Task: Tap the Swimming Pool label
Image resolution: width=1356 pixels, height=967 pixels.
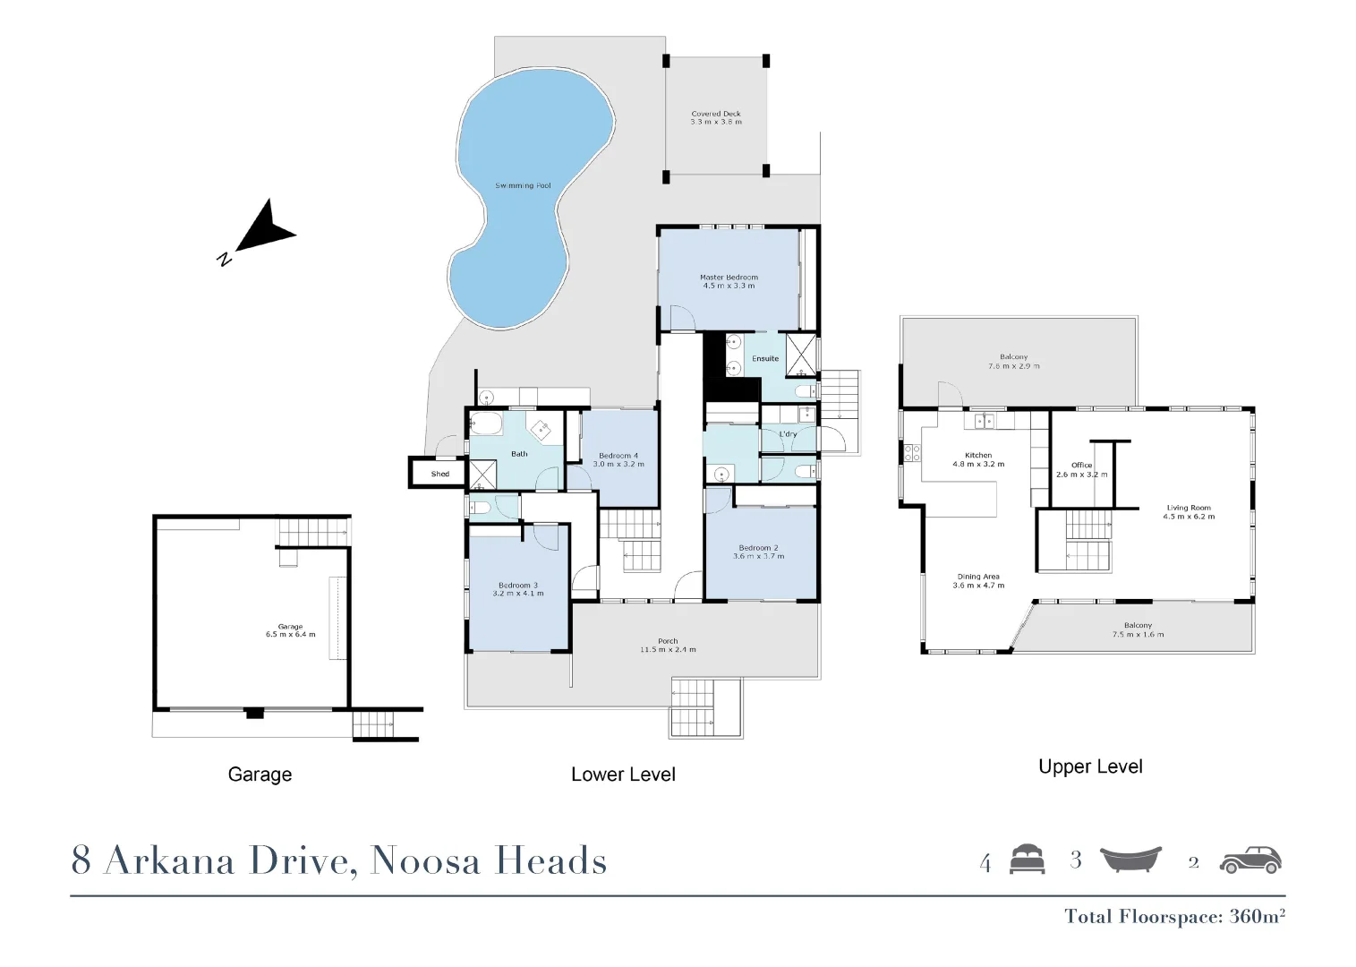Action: (523, 186)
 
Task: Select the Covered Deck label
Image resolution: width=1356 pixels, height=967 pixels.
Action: (716, 114)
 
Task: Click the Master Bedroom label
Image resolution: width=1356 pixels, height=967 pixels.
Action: (729, 278)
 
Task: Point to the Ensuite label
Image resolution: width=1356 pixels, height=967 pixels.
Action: (765, 359)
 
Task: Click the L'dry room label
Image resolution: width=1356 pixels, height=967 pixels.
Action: (788, 434)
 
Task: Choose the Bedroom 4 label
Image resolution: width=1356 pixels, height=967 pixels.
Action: (618, 456)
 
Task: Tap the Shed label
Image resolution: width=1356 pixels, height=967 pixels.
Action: (439, 474)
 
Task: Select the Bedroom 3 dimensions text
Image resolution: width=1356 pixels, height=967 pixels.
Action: (518, 594)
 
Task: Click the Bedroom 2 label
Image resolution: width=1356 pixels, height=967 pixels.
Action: (758, 548)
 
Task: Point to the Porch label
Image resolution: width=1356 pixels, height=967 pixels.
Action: (668, 641)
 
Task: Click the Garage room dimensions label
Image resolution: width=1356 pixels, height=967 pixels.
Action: (290, 635)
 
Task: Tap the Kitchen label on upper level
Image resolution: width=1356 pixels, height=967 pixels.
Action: (978, 456)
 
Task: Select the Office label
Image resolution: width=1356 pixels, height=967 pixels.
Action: (1081, 466)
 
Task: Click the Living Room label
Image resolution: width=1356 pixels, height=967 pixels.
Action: (1189, 508)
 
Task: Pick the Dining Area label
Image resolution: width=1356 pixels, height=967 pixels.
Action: (978, 578)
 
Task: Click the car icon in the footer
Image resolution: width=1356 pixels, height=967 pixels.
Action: (1251, 860)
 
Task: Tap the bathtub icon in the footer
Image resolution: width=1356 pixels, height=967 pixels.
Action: (1130, 860)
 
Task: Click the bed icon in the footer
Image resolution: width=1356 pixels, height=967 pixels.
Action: (1027, 860)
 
